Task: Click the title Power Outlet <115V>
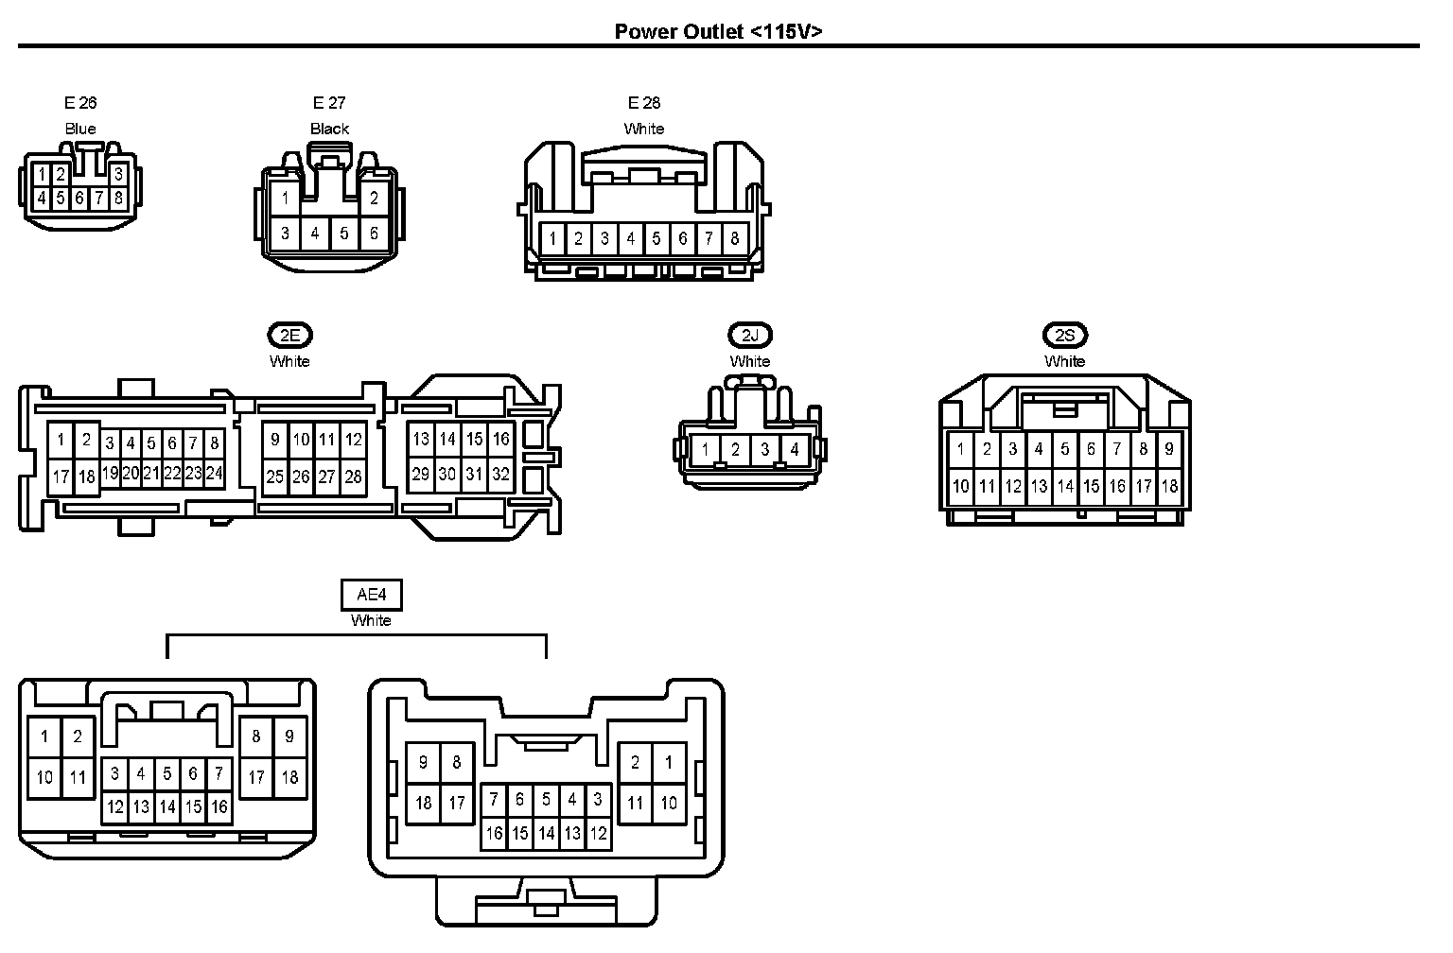pos(718,30)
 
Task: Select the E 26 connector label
pos(80,103)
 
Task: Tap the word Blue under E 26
pos(80,129)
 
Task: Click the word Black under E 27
pos(329,129)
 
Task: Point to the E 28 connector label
pos(644,103)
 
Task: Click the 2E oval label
pos(289,335)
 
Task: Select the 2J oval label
pos(750,335)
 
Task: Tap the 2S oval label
pos(1065,335)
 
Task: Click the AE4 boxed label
pos(371,595)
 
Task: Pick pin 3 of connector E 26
pos(118,175)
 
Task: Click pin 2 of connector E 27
pos(374,199)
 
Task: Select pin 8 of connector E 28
pos(734,239)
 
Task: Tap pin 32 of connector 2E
pos(500,475)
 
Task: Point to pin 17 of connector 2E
pos(61,476)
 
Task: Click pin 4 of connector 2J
pos(795,451)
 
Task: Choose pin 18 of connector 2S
pos(1169,486)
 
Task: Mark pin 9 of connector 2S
pos(1169,449)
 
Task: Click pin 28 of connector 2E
pos(353,476)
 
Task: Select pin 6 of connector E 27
pos(374,233)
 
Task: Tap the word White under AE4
pos(371,621)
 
